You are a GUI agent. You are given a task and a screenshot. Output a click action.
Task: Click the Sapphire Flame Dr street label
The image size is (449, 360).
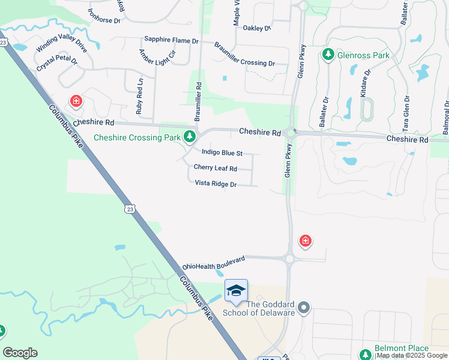(x=171, y=41)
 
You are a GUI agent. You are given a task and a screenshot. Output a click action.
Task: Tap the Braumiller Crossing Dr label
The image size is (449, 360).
(x=244, y=55)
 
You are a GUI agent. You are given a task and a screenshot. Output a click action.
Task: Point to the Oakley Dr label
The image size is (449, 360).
(x=258, y=28)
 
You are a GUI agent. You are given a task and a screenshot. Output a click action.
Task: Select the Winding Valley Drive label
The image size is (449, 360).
(x=62, y=42)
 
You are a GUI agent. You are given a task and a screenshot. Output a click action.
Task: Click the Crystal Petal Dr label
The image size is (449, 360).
(x=57, y=64)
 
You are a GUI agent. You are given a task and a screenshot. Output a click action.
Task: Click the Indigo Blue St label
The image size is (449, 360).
(x=222, y=153)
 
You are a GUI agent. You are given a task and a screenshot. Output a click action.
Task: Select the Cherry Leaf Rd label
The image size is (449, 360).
(x=215, y=168)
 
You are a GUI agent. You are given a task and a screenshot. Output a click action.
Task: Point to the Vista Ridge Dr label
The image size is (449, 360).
(x=215, y=184)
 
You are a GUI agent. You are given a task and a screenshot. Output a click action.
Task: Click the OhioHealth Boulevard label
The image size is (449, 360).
(x=214, y=263)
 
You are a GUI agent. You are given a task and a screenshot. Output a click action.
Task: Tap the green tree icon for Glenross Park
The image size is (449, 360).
(x=328, y=55)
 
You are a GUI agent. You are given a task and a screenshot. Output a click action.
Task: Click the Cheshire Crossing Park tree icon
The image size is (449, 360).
(x=190, y=137)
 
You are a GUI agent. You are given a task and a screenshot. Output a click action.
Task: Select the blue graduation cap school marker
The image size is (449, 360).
(x=236, y=290)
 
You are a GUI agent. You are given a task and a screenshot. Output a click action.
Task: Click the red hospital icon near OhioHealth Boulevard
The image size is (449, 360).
(x=306, y=241)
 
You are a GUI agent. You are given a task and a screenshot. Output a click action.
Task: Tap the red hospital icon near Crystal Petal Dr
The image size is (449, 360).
(x=76, y=101)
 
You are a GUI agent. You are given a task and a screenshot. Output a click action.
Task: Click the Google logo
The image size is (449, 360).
(x=20, y=353)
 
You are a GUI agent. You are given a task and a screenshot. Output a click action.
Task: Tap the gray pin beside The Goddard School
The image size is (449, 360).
(x=304, y=308)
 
